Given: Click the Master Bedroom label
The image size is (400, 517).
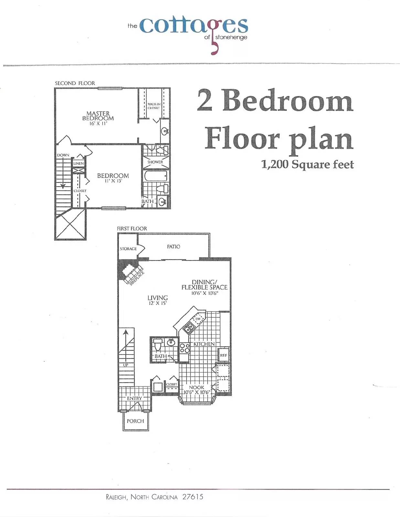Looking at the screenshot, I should (x=98, y=116).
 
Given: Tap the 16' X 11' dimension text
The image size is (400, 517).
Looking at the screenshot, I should (x=98, y=123).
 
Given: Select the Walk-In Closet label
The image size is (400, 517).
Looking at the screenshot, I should (x=154, y=106).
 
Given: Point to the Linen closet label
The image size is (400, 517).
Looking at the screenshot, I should (x=79, y=164).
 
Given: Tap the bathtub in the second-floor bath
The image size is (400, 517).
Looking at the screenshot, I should (x=156, y=176).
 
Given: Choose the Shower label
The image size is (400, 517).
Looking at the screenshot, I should (x=155, y=162).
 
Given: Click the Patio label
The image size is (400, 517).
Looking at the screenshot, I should (x=174, y=247).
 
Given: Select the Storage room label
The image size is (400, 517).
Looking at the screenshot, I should (x=128, y=249).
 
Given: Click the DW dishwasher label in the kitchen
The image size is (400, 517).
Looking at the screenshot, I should (x=198, y=319).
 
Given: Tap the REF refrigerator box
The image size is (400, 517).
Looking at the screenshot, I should (x=223, y=355).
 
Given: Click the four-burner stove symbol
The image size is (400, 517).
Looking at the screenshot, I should (x=184, y=348).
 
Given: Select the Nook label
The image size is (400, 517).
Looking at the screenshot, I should (x=197, y=387).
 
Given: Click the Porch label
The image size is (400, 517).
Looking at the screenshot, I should (x=135, y=421).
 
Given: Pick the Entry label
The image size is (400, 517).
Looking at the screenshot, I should (x=134, y=398).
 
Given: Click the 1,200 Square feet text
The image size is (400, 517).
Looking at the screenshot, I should (x=307, y=164).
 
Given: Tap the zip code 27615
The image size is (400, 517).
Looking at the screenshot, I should (x=193, y=497).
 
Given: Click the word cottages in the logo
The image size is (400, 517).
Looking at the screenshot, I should (x=194, y=26).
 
